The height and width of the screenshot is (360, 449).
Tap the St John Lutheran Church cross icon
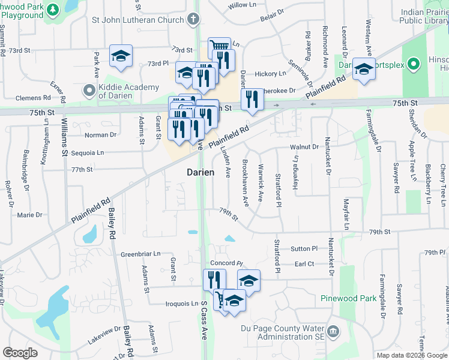(x=193, y=19)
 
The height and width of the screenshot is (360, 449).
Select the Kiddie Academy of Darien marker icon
(x=89, y=91)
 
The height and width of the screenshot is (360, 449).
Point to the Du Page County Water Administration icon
(x=334, y=329)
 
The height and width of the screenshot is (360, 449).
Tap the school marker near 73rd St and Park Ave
(x=121, y=56)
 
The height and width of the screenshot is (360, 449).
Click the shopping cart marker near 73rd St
(x=219, y=47)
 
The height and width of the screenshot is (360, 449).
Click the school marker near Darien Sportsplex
(x=364, y=69)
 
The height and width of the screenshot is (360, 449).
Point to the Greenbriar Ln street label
(x=140, y=254)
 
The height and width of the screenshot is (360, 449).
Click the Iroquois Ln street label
(x=182, y=304)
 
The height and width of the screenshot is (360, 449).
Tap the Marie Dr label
(x=30, y=214)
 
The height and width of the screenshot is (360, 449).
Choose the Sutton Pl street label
(x=304, y=248)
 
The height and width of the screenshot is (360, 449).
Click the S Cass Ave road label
(x=203, y=329)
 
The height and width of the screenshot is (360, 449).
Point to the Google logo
(x=20, y=353)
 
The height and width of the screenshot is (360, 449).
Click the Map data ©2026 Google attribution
(x=411, y=355)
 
